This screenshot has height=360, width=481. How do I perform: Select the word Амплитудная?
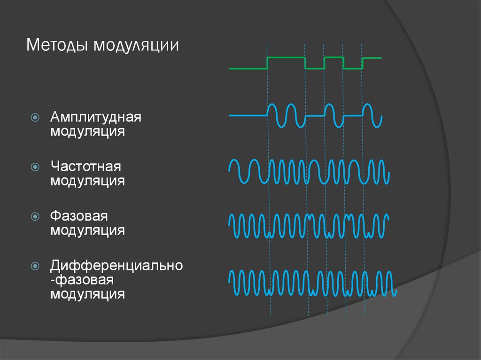96,117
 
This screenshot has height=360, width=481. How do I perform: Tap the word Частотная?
86,167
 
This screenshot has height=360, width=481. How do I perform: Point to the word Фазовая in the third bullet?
79,216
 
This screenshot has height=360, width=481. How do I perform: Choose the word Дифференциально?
116,266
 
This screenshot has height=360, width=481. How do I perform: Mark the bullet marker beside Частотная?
35,167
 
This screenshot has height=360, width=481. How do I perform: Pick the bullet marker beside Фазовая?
35,216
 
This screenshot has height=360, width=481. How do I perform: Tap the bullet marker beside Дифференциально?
35,266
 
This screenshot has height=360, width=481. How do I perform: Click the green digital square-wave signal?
305,63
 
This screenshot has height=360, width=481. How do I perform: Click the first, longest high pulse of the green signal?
286,57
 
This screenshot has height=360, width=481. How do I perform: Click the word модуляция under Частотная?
88,181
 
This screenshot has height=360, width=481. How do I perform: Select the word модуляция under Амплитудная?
88,131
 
